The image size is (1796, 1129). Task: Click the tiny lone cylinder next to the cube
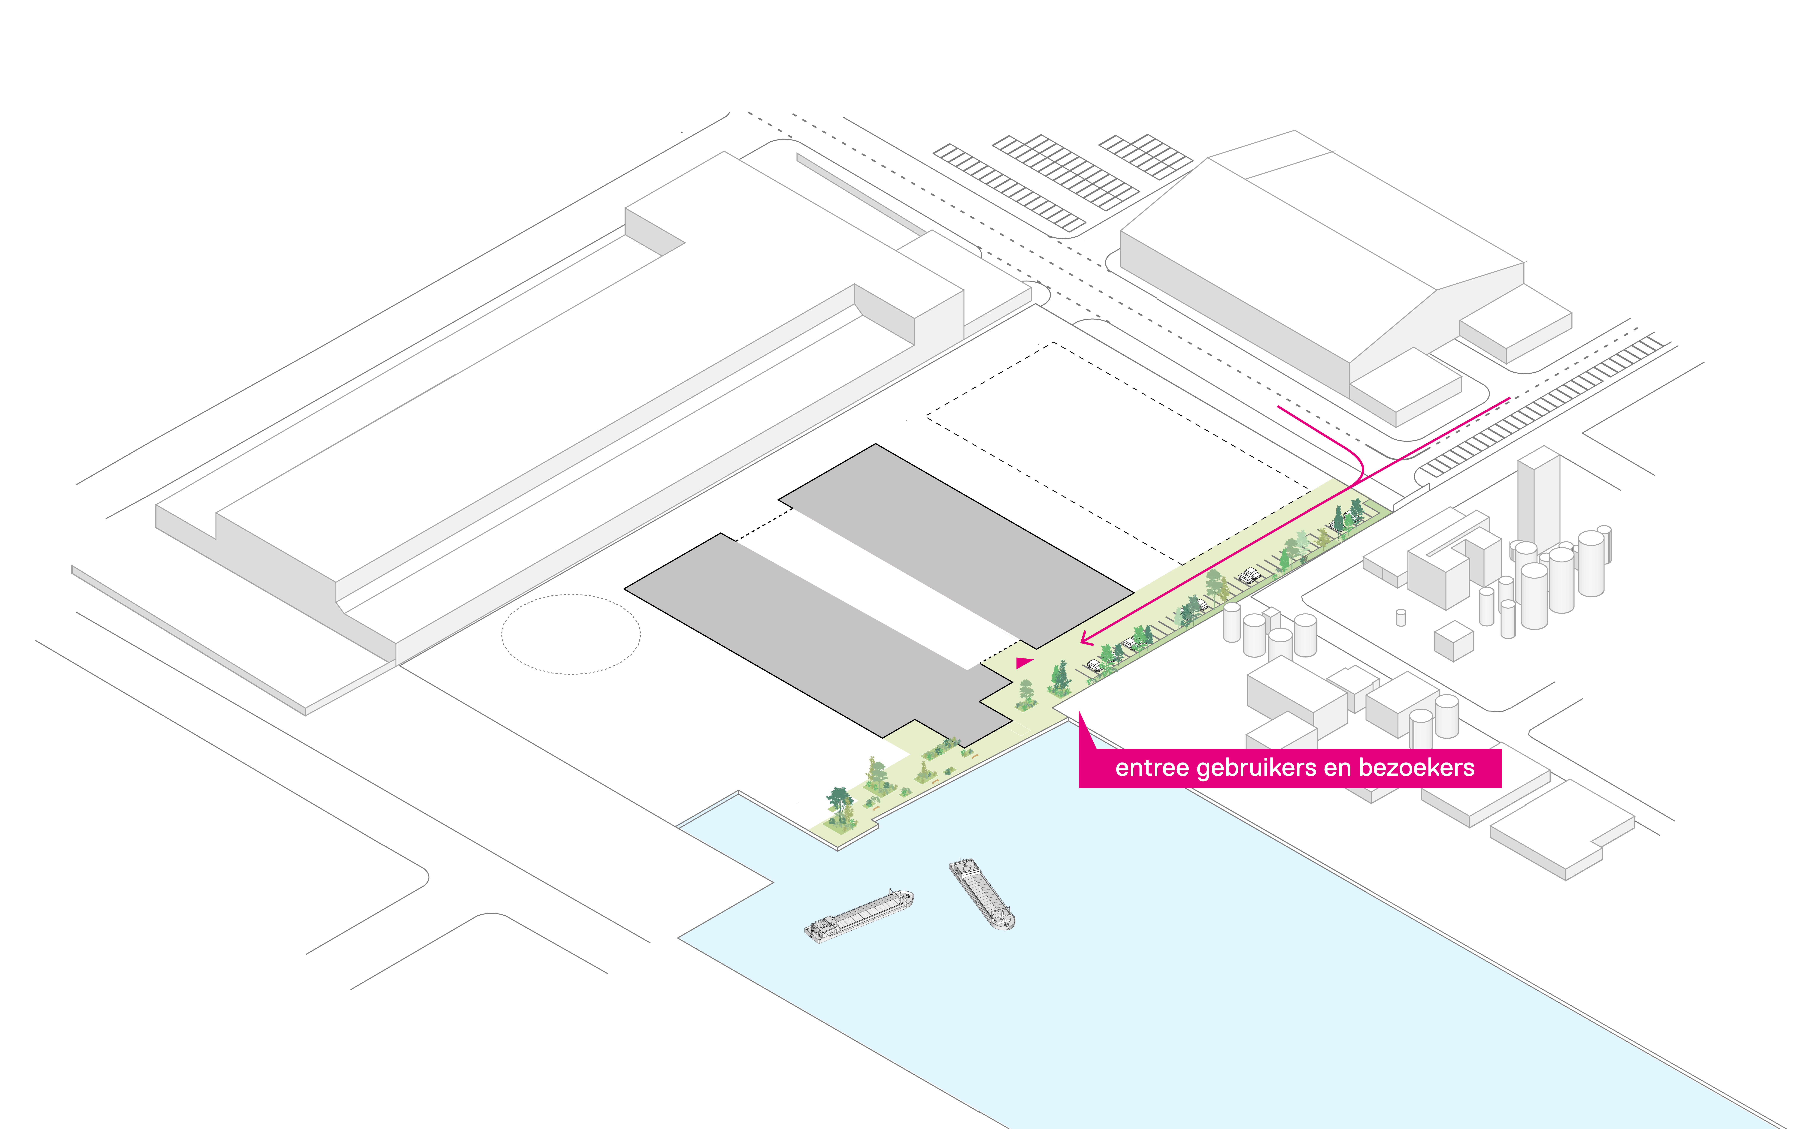1401,617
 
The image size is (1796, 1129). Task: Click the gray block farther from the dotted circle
955,544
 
